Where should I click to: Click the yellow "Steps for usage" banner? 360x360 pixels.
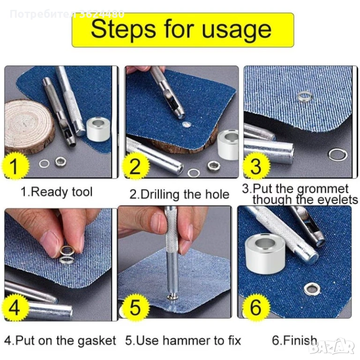[x=183, y=30]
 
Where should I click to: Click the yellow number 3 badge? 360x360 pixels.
[x=255, y=165]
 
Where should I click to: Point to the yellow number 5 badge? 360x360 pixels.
[x=135, y=307]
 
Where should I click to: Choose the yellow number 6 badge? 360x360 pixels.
[x=255, y=307]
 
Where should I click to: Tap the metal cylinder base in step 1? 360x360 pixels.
[x=98, y=129]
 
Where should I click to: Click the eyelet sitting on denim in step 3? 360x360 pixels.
[x=305, y=97]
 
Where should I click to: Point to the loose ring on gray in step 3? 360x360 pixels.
[x=337, y=154]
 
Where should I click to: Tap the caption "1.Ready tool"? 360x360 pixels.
[x=56, y=192]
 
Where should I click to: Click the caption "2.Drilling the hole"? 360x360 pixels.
[x=180, y=194]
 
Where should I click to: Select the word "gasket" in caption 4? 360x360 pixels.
[x=97, y=341]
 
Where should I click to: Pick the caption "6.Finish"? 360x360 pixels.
[x=294, y=340]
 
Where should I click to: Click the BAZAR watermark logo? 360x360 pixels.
[x=332, y=347]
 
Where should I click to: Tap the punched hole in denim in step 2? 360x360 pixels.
[x=187, y=125]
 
